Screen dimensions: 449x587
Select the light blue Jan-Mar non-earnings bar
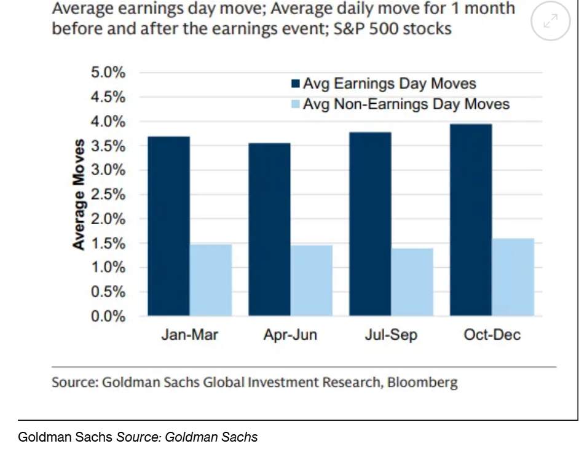point(210,280)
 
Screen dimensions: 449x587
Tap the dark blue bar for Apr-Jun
point(269,230)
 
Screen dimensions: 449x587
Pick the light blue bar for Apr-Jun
point(311,281)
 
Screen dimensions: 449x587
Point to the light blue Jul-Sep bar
point(412,283)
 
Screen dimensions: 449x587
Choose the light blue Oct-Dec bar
point(513,277)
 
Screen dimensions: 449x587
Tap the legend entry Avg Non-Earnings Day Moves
point(406,104)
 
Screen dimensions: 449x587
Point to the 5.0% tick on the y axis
point(108,73)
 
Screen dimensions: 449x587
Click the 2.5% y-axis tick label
point(108,195)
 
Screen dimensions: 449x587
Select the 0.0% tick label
point(108,316)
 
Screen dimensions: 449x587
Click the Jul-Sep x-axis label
point(391,335)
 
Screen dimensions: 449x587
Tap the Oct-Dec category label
point(492,335)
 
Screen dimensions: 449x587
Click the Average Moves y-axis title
point(78,194)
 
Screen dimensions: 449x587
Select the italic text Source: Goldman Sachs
point(187,437)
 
